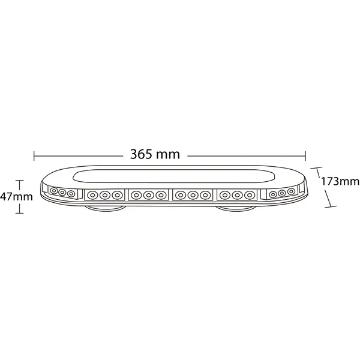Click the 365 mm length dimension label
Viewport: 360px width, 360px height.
pos(155,154)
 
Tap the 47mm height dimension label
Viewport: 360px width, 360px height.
pos(16,197)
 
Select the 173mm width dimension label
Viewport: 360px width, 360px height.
pos(340,181)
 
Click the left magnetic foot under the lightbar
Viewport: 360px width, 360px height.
pos(105,208)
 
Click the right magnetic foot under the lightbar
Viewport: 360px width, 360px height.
pos(236,208)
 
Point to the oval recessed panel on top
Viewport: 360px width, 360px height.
pos(174,176)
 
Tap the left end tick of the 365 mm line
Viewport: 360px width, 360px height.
pos(34,156)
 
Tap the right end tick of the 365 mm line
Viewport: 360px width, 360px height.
pos(305,156)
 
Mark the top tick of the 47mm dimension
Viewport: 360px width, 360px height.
pos(20,181)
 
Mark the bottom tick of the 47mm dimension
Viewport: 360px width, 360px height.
pos(20,213)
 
